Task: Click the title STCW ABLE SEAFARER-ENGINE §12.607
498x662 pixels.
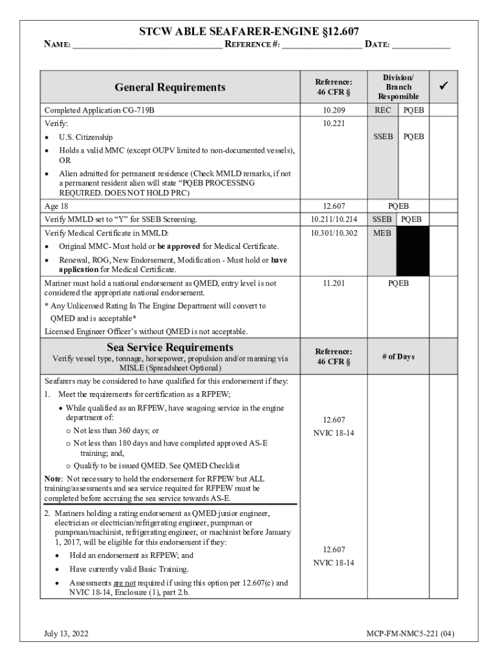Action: pyautogui.click(x=249, y=32)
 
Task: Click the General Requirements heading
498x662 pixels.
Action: pyautogui.click(x=169, y=87)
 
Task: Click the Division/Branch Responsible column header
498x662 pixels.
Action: pyautogui.click(x=398, y=87)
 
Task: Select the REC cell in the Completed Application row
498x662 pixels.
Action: pyautogui.click(x=383, y=111)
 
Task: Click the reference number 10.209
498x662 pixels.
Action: pyautogui.click(x=334, y=111)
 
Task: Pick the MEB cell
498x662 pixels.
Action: pyautogui.click(x=382, y=233)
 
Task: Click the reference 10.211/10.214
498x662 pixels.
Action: pyautogui.click(x=334, y=220)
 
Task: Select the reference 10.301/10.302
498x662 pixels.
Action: pyautogui.click(x=334, y=233)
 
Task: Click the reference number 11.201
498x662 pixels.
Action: pyautogui.click(x=334, y=283)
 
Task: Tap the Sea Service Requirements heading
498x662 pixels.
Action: pyautogui.click(x=169, y=348)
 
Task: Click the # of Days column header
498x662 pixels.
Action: pyautogui.click(x=398, y=357)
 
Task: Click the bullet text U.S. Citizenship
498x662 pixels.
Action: pyautogui.click(x=85, y=137)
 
